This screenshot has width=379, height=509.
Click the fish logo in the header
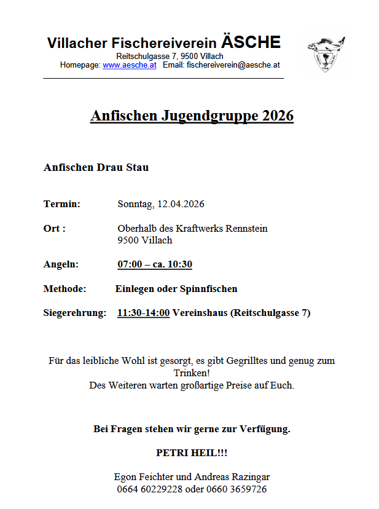tap(326, 53)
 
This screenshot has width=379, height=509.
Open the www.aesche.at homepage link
tap(129, 65)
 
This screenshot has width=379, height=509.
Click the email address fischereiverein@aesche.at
tap(233, 65)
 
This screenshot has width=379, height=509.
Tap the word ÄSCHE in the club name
tap(251, 42)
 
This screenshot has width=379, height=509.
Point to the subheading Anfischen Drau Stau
tap(96, 167)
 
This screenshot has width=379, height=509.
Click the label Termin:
tap(62, 203)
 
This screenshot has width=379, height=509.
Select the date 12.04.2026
tap(181, 203)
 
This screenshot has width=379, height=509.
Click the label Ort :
tap(55, 228)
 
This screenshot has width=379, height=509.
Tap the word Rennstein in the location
tap(246, 228)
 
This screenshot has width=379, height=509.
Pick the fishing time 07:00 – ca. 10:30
tap(155, 264)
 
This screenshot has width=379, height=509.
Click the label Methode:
tap(64, 288)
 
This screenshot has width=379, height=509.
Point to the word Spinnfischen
tap(208, 288)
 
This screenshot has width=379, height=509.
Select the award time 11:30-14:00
tap(143, 313)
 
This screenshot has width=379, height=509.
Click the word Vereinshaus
tap(200, 313)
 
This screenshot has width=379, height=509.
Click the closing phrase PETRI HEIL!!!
tap(192, 452)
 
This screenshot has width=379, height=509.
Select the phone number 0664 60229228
tap(149, 489)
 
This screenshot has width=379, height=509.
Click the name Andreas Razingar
tap(232, 476)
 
